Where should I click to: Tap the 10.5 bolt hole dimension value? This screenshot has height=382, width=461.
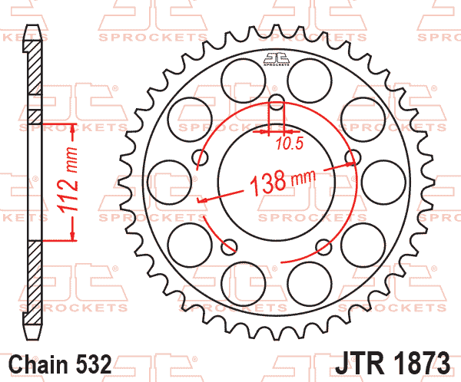290,144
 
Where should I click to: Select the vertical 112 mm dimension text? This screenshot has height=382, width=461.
69,179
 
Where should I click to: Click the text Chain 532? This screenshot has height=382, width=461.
60,364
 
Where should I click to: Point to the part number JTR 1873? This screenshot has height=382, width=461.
393,364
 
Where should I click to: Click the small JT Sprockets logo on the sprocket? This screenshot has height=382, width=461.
277,59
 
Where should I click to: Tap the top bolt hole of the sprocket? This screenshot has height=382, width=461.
277,101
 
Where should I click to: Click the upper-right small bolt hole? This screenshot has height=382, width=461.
353,156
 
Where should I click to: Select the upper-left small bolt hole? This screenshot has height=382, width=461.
200,157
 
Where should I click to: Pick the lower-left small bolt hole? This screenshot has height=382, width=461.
229,247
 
